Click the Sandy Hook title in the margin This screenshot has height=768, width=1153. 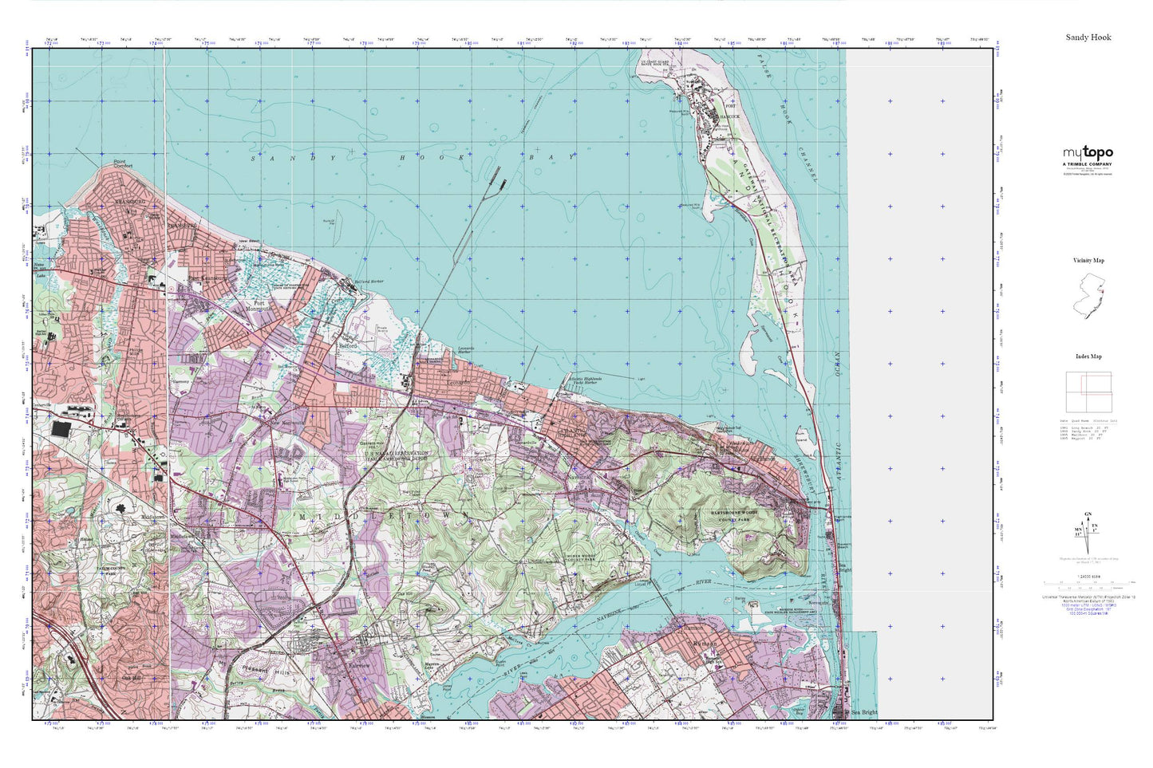(1088, 37)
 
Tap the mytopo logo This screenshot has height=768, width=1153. (1088, 153)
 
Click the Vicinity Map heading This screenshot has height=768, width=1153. (1088, 261)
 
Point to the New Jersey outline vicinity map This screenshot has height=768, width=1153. (1088, 295)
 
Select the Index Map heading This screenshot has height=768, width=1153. (1088, 356)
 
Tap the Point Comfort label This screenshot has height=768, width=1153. (122, 163)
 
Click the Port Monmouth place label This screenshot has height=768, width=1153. (259, 306)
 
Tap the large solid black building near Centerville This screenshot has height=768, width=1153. (60, 429)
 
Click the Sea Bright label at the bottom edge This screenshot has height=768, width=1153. (863, 712)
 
